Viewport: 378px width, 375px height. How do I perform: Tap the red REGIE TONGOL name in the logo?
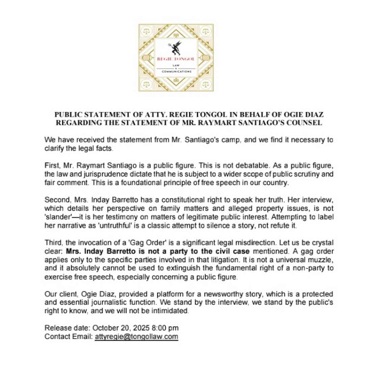click(x=176, y=59)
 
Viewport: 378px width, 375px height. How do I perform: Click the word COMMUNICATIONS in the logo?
click(x=176, y=72)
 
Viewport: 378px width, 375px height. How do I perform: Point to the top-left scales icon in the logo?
click(x=146, y=31)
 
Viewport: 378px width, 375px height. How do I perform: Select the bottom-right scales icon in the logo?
click(x=206, y=84)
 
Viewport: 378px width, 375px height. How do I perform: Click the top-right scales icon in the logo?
click(x=206, y=31)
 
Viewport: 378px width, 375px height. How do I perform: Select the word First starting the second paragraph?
click(x=52, y=166)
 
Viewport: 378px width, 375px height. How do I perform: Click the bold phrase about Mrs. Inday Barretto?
click(x=158, y=251)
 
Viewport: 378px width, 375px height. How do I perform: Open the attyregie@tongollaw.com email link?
click(x=136, y=337)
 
